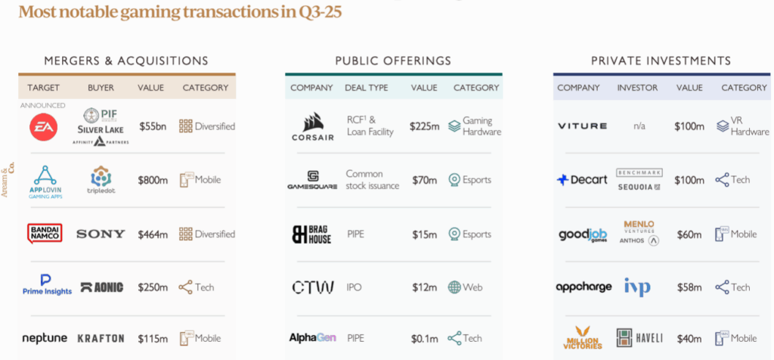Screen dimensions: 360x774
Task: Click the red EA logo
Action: click(42, 126)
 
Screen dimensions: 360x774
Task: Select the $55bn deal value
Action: click(151, 126)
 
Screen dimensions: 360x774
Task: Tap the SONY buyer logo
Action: click(101, 234)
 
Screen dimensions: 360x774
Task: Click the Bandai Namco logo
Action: click(45, 233)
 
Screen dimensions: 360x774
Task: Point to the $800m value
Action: click(152, 180)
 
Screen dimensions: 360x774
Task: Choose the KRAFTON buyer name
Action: click(101, 338)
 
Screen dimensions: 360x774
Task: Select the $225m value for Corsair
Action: click(424, 126)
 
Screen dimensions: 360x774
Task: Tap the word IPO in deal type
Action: click(354, 287)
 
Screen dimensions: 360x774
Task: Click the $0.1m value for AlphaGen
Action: click(424, 338)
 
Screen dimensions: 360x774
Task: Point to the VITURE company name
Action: click(582, 126)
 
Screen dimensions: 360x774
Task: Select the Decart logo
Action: click(582, 180)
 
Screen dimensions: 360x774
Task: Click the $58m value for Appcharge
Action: click(689, 287)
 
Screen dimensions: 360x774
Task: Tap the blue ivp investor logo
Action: click(636, 287)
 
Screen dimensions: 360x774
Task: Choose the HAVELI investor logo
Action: click(636, 338)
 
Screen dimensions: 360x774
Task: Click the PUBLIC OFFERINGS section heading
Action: click(393, 61)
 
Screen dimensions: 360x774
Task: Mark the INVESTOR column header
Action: click(636, 88)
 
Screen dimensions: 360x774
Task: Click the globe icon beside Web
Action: click(454, 287)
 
